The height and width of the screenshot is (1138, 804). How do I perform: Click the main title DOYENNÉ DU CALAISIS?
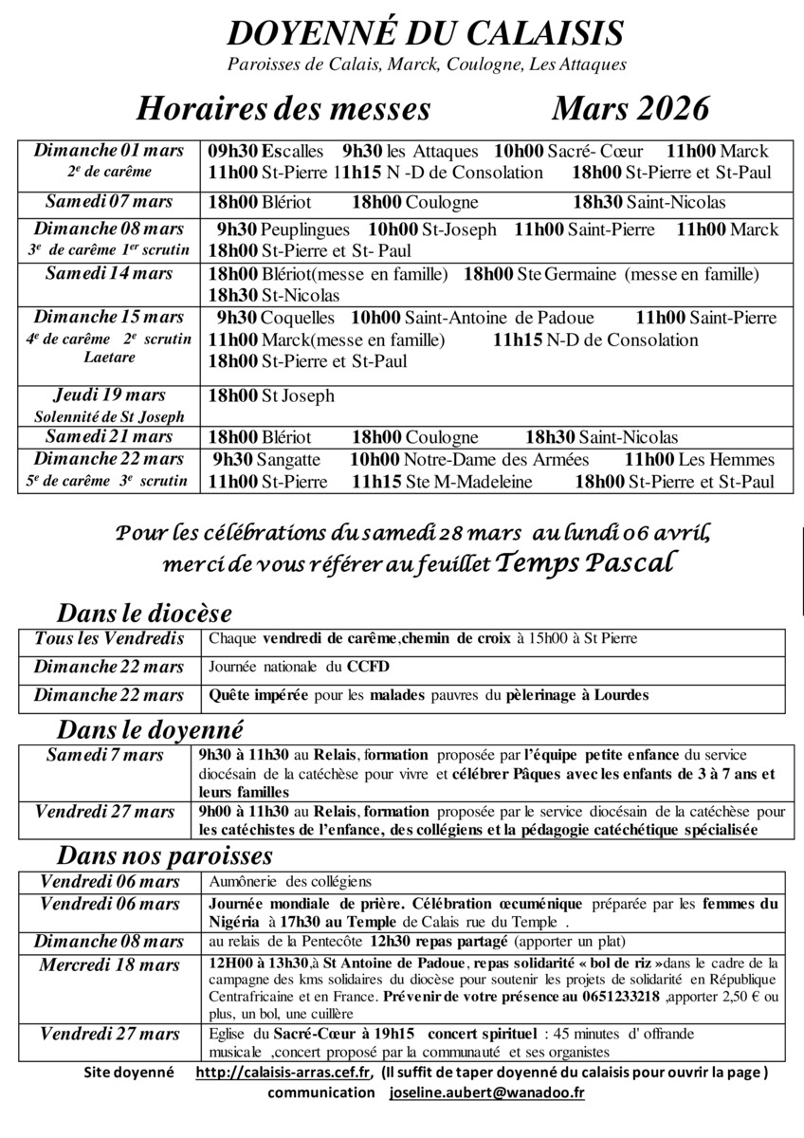pos(426,34)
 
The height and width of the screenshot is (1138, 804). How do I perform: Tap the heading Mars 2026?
pos(630,109)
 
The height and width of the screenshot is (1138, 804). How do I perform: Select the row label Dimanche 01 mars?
pos(109,151)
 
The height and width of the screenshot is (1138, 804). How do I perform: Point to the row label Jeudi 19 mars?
pos(109,395)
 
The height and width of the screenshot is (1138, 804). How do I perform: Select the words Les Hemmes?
pos(727,460)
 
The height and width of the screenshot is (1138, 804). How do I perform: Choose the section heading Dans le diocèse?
pos(144,613)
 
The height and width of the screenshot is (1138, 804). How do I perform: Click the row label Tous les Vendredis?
pos(109,639)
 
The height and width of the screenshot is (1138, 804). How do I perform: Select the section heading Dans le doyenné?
pos(150,730)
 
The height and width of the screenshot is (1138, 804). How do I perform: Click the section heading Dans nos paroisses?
pos(165,855)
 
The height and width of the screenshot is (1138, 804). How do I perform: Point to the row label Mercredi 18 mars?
pos(109,965)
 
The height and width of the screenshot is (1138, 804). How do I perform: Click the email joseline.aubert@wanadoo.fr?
pos(486,1092)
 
